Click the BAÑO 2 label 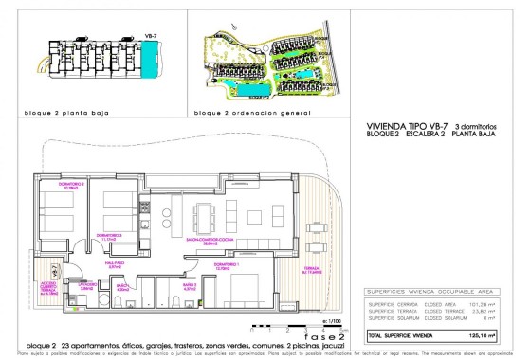point(189,284)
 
